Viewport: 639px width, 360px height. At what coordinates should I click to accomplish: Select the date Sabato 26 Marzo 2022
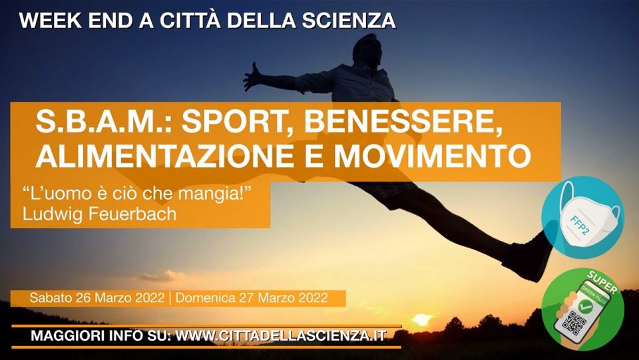tap(97, 297)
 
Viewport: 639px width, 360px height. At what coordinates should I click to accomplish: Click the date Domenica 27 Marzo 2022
tap(252, 297)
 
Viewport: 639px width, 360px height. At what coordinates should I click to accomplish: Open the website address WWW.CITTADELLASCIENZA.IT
tap(280, 337)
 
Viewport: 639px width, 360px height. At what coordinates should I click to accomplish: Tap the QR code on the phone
tap(574, 322)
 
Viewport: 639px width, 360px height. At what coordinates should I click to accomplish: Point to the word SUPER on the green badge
tap(602, 281)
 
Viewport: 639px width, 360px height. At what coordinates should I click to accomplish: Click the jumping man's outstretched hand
tap(252, 77)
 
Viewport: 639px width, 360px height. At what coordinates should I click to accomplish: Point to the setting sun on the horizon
tap(422, 319)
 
